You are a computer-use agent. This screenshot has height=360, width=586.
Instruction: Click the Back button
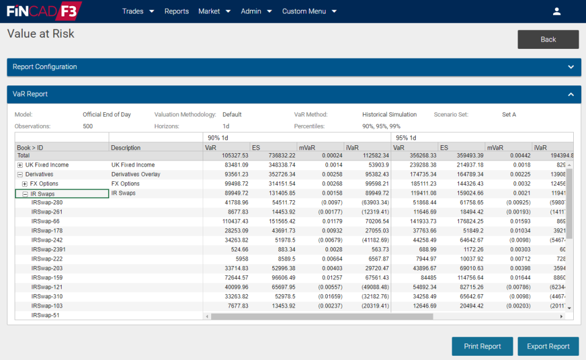click(548, 40)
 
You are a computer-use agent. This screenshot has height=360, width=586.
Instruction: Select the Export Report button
click(548, 346)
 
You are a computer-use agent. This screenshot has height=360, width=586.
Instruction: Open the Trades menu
click(138, 11)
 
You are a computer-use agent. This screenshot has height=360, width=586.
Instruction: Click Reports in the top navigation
click(176, 11)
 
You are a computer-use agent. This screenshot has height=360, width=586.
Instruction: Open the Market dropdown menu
click(214, 11)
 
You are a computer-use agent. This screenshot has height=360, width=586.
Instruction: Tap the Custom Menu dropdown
click(309, 11)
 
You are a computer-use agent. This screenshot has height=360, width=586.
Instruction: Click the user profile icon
click(556, 11)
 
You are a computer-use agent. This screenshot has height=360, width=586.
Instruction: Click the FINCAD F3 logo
click(43, 11)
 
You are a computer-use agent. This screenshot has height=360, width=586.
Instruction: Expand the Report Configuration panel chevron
click(570, 67)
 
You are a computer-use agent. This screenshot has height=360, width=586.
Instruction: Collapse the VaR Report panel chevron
click(570, 95)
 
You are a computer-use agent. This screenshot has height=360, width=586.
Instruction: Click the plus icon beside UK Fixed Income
click(20, 165)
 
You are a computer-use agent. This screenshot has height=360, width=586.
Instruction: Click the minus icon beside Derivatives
click(20, 175)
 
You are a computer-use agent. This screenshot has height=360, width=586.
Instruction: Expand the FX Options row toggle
click(25, 184)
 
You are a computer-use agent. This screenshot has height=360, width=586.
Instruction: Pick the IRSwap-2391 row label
click(48, 250)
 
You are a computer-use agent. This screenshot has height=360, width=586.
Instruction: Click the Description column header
click(126, 148)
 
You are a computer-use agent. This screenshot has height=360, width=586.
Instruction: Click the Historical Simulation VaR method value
click(389, 115)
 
